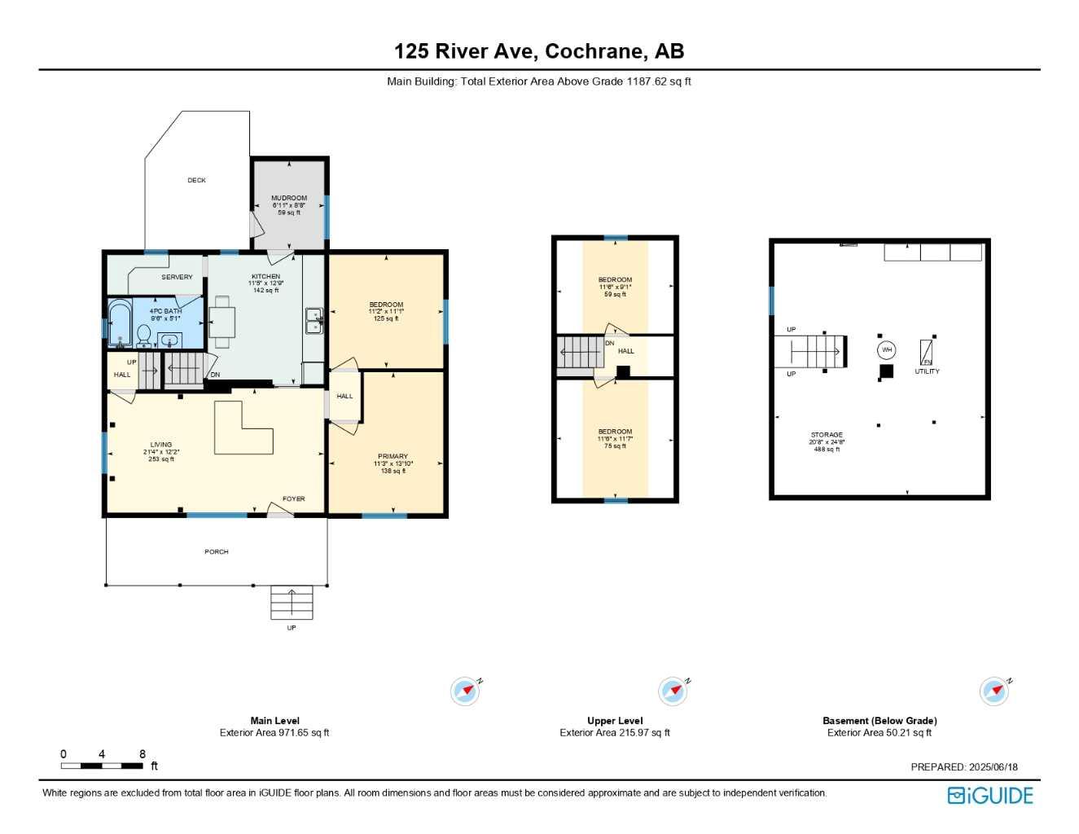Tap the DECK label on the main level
196,180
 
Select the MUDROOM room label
289,198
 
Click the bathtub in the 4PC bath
120,324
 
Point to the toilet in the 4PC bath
144,335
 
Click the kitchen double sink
314,321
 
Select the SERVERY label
177,277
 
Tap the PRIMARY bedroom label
393,456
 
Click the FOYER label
293,498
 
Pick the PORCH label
217,551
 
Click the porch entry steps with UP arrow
292,603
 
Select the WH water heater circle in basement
887,350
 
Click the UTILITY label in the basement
927,371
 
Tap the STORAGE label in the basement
827,435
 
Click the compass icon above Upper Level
673,691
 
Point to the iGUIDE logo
990,796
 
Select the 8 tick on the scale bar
143,754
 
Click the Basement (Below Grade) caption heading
879,721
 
